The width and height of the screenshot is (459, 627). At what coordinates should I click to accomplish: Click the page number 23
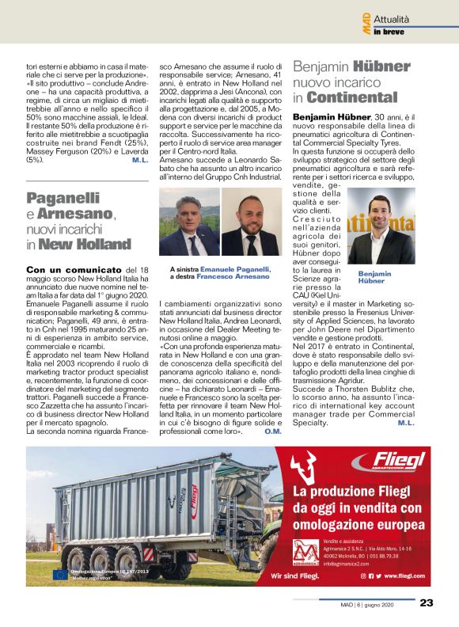[x=427, y=602]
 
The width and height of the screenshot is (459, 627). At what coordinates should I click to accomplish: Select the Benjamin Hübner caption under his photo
[x=375, y=276]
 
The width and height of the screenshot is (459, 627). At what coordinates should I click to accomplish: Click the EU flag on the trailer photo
[x=59, y=576]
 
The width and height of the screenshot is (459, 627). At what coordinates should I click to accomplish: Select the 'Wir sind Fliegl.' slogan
[x=295, y=577]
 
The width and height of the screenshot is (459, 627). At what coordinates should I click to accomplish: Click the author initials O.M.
[x=273, y=431]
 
